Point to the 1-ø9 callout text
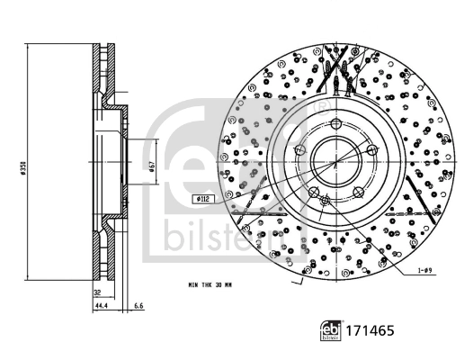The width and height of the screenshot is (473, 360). click(x=426, y=270)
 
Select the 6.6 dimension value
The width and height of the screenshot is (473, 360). click(x=138, y=307)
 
